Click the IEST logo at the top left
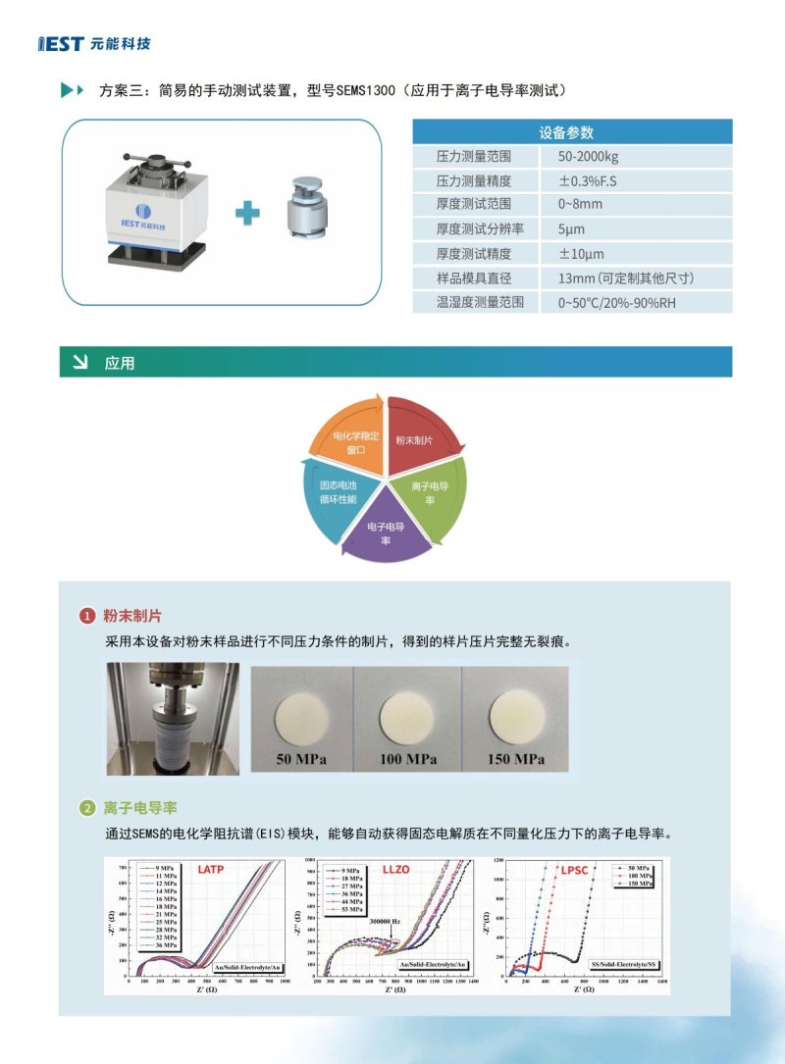coord(94,44)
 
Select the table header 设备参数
coord(572,132)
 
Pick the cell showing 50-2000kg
coord(588,157)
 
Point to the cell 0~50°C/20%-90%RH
coord(616,302)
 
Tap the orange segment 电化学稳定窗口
coord(348,442)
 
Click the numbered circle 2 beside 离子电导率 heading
coord(87,808)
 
